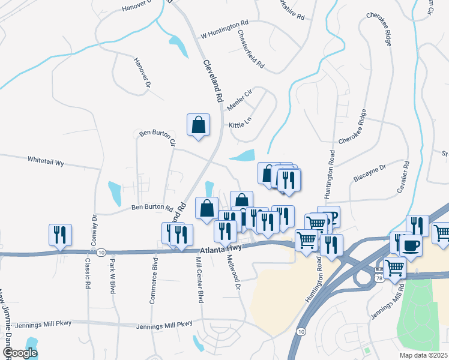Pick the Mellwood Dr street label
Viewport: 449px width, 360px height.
coord(234,274)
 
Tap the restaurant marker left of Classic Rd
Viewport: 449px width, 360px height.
coord(60,234)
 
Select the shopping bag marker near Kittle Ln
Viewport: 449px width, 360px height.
coord(198,125)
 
